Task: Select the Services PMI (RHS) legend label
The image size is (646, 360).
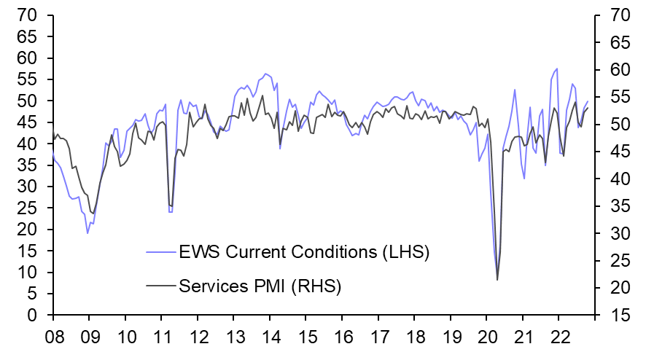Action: point(260,286)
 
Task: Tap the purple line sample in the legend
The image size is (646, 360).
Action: point(160,254)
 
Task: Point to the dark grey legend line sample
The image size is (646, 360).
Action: point(160,286)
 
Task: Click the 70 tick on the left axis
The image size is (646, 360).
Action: point(28,15)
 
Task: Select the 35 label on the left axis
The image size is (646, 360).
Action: point(28,165)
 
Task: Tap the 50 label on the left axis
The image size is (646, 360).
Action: point(28,101)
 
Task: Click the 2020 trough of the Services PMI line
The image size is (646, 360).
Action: point(497,280)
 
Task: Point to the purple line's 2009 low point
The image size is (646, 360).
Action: point(87,233)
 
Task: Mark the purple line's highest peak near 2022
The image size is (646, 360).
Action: point(557,69)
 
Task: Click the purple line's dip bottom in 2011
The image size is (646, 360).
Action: point(170,211)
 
